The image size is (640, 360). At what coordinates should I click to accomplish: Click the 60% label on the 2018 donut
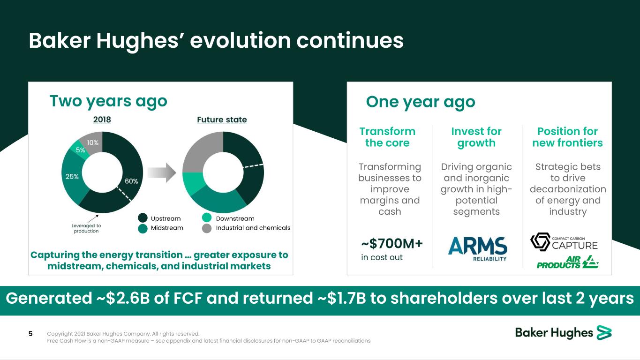tap(131, 181)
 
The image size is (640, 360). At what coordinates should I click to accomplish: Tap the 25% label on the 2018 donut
tap(72, 177)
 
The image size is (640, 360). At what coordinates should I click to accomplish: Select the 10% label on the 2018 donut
tap(92, 142)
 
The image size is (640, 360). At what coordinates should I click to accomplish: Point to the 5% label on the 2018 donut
tap(80, 150)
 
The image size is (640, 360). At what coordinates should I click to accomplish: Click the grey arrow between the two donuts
tap(162, 172)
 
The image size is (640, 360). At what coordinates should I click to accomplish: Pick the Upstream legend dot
tap(143, 218)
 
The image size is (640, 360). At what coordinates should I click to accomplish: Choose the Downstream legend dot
tap(207, 217)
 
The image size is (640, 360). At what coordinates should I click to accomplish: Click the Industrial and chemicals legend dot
tap(207, 228)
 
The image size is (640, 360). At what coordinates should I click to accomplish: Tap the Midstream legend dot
tap(143, 229)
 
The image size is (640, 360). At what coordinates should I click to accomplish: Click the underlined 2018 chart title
tap(102, 120)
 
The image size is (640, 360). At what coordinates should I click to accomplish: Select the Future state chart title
tap(222, 120)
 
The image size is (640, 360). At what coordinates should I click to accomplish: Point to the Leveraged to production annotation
tap(86, 228)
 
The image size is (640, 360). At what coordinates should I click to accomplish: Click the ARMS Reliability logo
tap(478, 249)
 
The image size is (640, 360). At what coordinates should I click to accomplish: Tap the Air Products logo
tap(567, 262)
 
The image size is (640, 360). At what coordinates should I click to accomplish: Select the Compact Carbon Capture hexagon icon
tap(540, 242)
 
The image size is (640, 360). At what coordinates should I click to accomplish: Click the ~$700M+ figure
tap(392, 244)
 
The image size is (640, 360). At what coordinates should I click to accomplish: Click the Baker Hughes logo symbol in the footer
tap(604, 333)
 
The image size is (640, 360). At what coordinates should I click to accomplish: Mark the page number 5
tap(30, 333)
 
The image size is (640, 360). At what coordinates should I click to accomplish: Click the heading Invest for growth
tap(476, 137)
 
